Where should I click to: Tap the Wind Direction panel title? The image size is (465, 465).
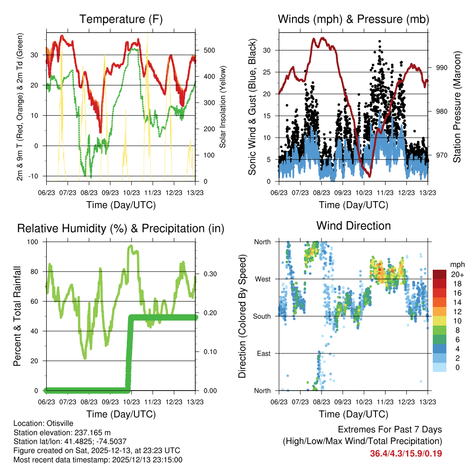(x=353, y=226)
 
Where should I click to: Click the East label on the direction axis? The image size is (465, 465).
(x=262, y=353)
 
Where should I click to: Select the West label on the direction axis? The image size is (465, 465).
(x=262, y=279)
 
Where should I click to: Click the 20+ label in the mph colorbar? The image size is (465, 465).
(x=456, y=274)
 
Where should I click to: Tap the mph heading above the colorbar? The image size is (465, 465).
(x=456, y=264)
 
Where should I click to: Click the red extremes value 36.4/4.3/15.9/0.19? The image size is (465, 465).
(x=406, y=453)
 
